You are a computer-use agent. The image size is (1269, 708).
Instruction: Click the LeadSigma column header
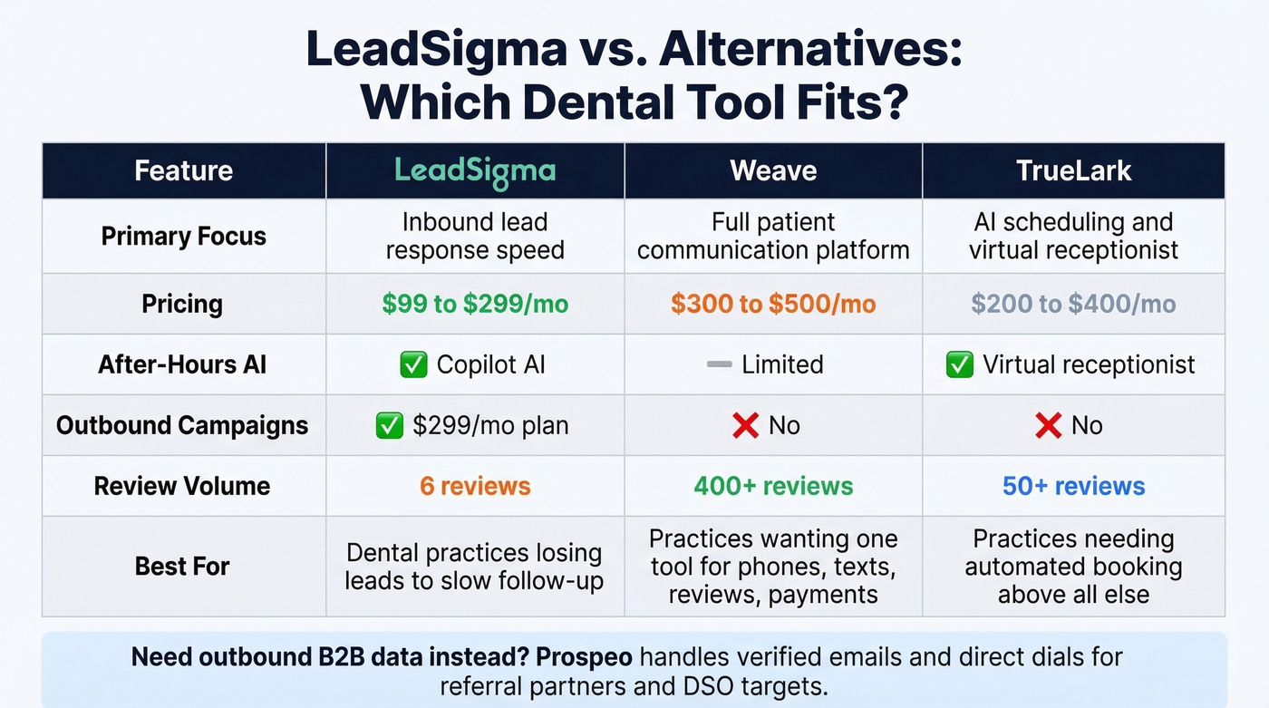[x=474, y=170]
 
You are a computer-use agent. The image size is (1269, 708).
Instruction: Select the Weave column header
[x=773, y=170]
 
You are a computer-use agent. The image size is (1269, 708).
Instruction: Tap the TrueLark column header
[x=1073, y=170]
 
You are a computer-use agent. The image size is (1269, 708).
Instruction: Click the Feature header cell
[x=184, y=170]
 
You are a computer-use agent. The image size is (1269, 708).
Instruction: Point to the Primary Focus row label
[x=184, y=237]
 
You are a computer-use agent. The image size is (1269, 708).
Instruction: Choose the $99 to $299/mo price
[x=474, y=304]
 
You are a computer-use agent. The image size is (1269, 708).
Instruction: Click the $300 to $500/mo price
[x=773, y=304]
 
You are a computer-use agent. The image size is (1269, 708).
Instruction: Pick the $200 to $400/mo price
[x=1073, y=304]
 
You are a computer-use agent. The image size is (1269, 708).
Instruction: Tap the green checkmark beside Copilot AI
[x=413, y=364]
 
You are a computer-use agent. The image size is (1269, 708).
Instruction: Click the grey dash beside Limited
[x=719, y=364]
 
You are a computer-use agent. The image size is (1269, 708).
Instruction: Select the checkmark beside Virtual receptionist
[x=959, y=364]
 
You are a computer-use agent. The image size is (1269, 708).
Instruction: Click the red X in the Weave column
[x=745, y=425]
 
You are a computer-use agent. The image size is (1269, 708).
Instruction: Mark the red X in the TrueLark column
[x=1048, y=425]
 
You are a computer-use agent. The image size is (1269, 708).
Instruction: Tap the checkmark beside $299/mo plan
[x=389, y=425]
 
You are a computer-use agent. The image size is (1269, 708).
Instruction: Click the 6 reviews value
[x=474, y=486]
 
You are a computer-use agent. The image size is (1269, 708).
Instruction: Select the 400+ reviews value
[x=773, y=486]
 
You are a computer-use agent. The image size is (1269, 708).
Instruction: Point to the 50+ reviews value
[x=1073, y=486]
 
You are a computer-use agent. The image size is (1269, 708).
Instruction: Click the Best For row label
[x=182, y=567]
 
